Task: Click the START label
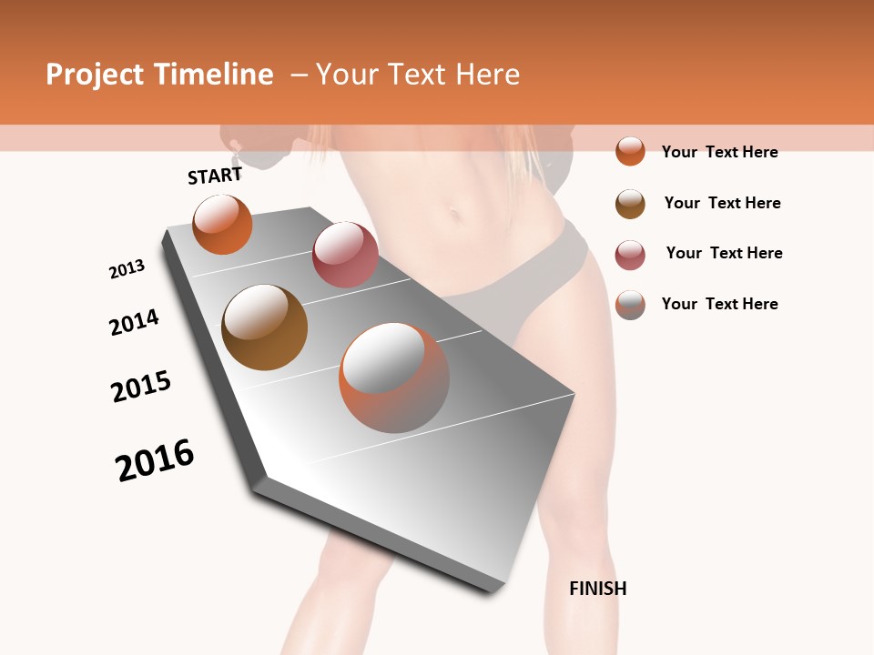click(215, 176)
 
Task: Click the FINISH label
click(597, 589)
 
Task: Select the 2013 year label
click(127, 269)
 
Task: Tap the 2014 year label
click(134, 322)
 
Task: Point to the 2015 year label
click(141, 387)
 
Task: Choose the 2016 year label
click(155, 460)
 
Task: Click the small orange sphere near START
click(222, 224)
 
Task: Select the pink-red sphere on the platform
click(345, 255)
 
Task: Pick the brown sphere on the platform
click(264, 327)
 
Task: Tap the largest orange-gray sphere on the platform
click(394, 378)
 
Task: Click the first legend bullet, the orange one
click(630, 151)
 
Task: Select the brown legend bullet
click(630, 204)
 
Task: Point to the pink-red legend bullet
click(630, 255)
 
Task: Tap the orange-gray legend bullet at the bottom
click(630, 305)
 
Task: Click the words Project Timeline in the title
click(159, 75)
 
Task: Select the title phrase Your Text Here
click(418, 75)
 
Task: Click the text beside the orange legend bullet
click(719, 152)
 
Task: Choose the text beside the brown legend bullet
click(722, 203)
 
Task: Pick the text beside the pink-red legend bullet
click(724, 253)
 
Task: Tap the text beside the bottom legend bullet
click(719, 304)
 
